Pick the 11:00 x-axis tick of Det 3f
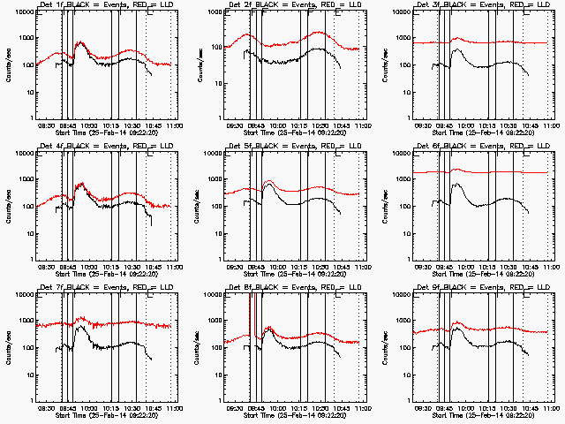pos(551,126)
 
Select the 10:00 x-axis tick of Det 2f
pos(277,126)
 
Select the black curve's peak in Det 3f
pos(456,49)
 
